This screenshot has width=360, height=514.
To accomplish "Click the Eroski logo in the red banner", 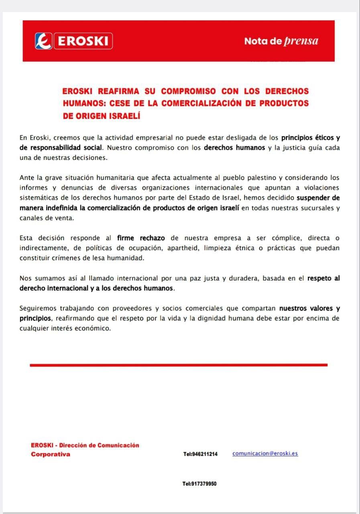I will tap(73, 41).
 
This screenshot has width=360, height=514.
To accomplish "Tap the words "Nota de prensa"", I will tap(281, 41).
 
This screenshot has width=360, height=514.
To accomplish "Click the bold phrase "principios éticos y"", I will tap(310, 137).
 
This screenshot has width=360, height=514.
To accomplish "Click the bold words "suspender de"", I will tap(318, 198).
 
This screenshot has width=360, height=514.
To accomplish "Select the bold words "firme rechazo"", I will tap(141, 238).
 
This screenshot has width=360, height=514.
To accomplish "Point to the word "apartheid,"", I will tap(182, 248).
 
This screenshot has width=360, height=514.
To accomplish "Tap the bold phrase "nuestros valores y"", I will tap(309, 308).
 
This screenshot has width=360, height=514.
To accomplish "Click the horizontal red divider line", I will tap(179, 365).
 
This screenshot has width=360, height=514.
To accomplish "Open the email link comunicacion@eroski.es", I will tap(265, 453).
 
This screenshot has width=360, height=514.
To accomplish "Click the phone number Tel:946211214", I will tap(201, 454).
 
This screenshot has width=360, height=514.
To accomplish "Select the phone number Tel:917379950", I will tap(199, 484).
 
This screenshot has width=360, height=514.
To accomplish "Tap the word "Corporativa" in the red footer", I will tap(51, 454).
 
